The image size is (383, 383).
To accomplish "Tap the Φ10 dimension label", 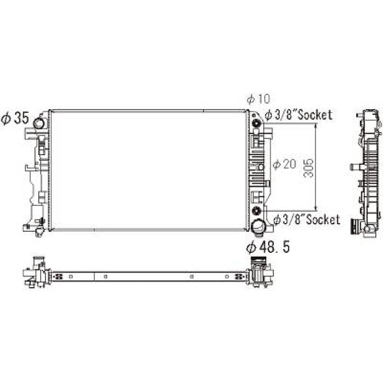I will coord(258,99).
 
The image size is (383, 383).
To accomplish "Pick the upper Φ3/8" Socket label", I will coord(298,115).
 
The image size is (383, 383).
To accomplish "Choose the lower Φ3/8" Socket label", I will coord(306,219).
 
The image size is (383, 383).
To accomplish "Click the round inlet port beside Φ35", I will coord(39,123).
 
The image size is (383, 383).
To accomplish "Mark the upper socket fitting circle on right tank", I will coord(257,124).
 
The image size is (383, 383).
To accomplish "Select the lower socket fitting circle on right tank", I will coord(257,210).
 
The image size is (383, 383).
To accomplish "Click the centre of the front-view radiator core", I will coord(148,170).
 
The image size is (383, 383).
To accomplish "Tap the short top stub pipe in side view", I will coord(359,115).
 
